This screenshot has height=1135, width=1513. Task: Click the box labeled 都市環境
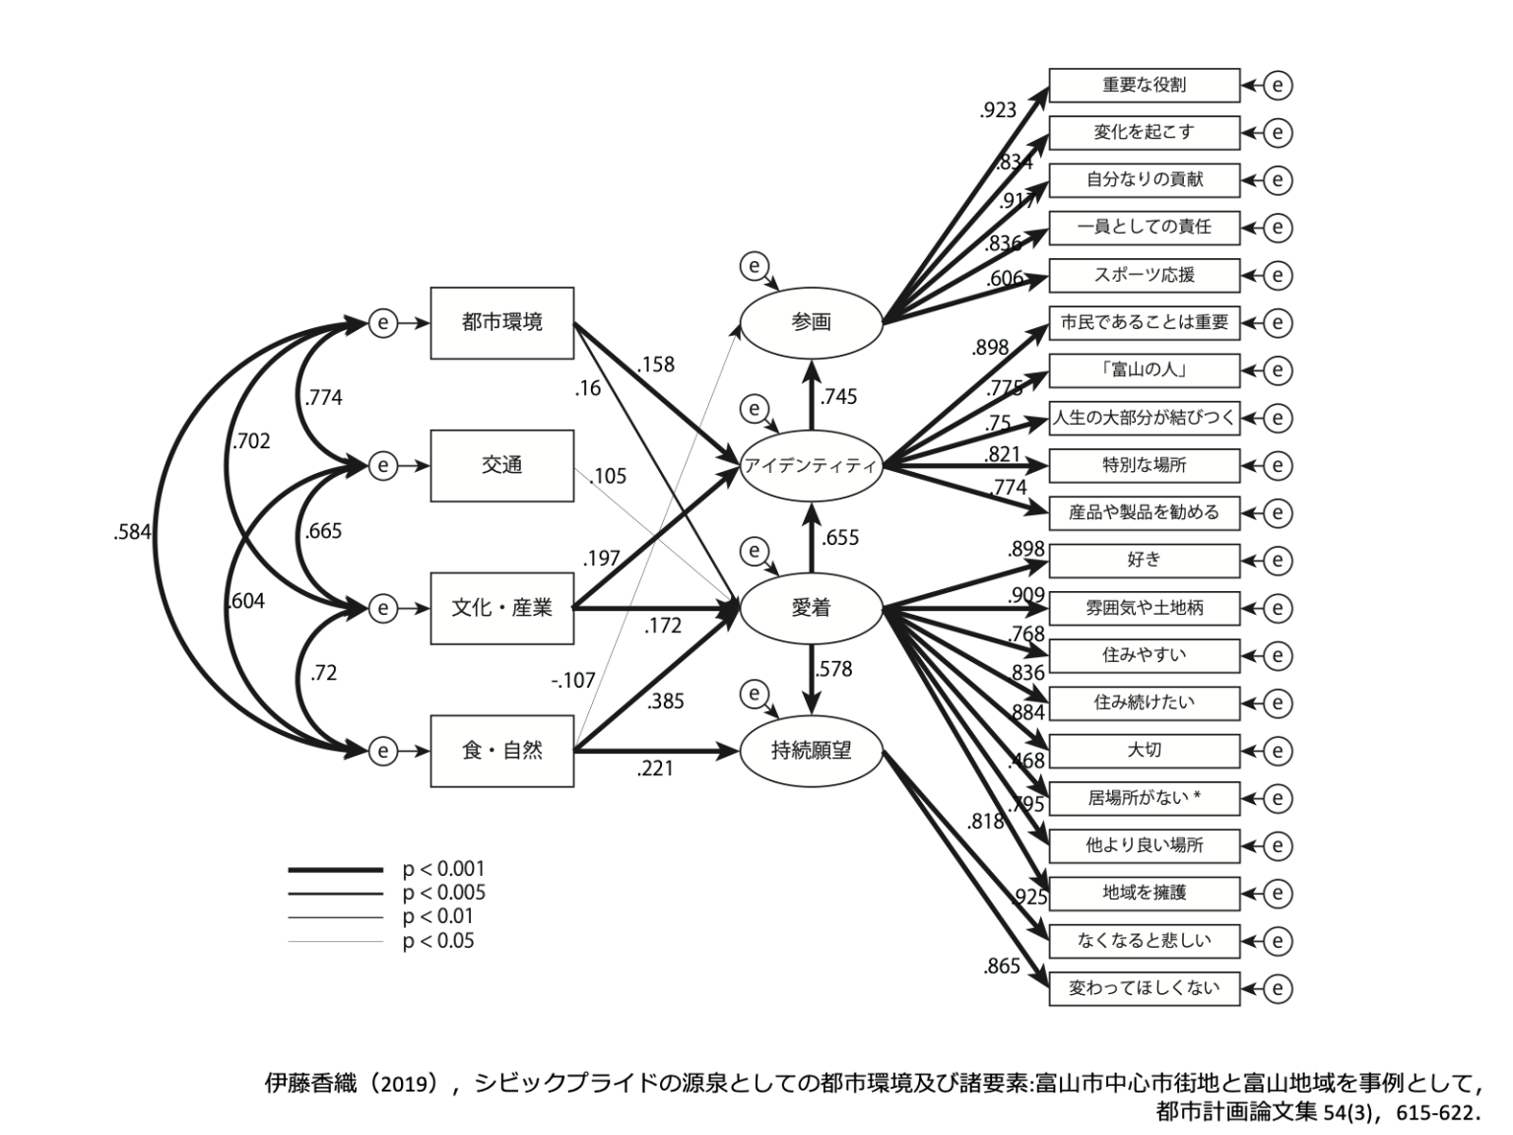click(501, 322)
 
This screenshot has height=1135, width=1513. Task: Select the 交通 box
click(501, 465)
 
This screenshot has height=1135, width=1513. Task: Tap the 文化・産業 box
click(501, 608)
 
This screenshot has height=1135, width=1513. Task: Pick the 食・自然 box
click(501, 751)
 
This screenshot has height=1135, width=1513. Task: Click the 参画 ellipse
click(811, 322)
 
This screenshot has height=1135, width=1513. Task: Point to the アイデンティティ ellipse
click(811, 465)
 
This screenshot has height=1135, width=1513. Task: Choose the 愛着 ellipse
click(811, 608)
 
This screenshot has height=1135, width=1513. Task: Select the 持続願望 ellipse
click(811, 751)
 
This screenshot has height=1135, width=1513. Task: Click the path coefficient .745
click(838, 397)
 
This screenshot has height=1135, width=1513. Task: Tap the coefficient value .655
click(839, 538)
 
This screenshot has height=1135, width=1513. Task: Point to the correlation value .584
click(132, 533)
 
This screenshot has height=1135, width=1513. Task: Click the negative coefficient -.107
click(573, 681)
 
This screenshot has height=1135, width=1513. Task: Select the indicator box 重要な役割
click(1144, 85)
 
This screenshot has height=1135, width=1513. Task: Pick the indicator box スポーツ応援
click(1144, 275)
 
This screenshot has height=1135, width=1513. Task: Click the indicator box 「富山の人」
click(1144, 370)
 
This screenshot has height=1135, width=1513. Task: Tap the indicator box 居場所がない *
click(1144, 798)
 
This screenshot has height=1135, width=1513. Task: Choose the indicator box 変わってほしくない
click(1144, 988)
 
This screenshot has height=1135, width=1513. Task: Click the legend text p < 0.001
click(443, 869)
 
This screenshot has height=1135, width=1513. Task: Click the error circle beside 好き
click(1278, 561)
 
